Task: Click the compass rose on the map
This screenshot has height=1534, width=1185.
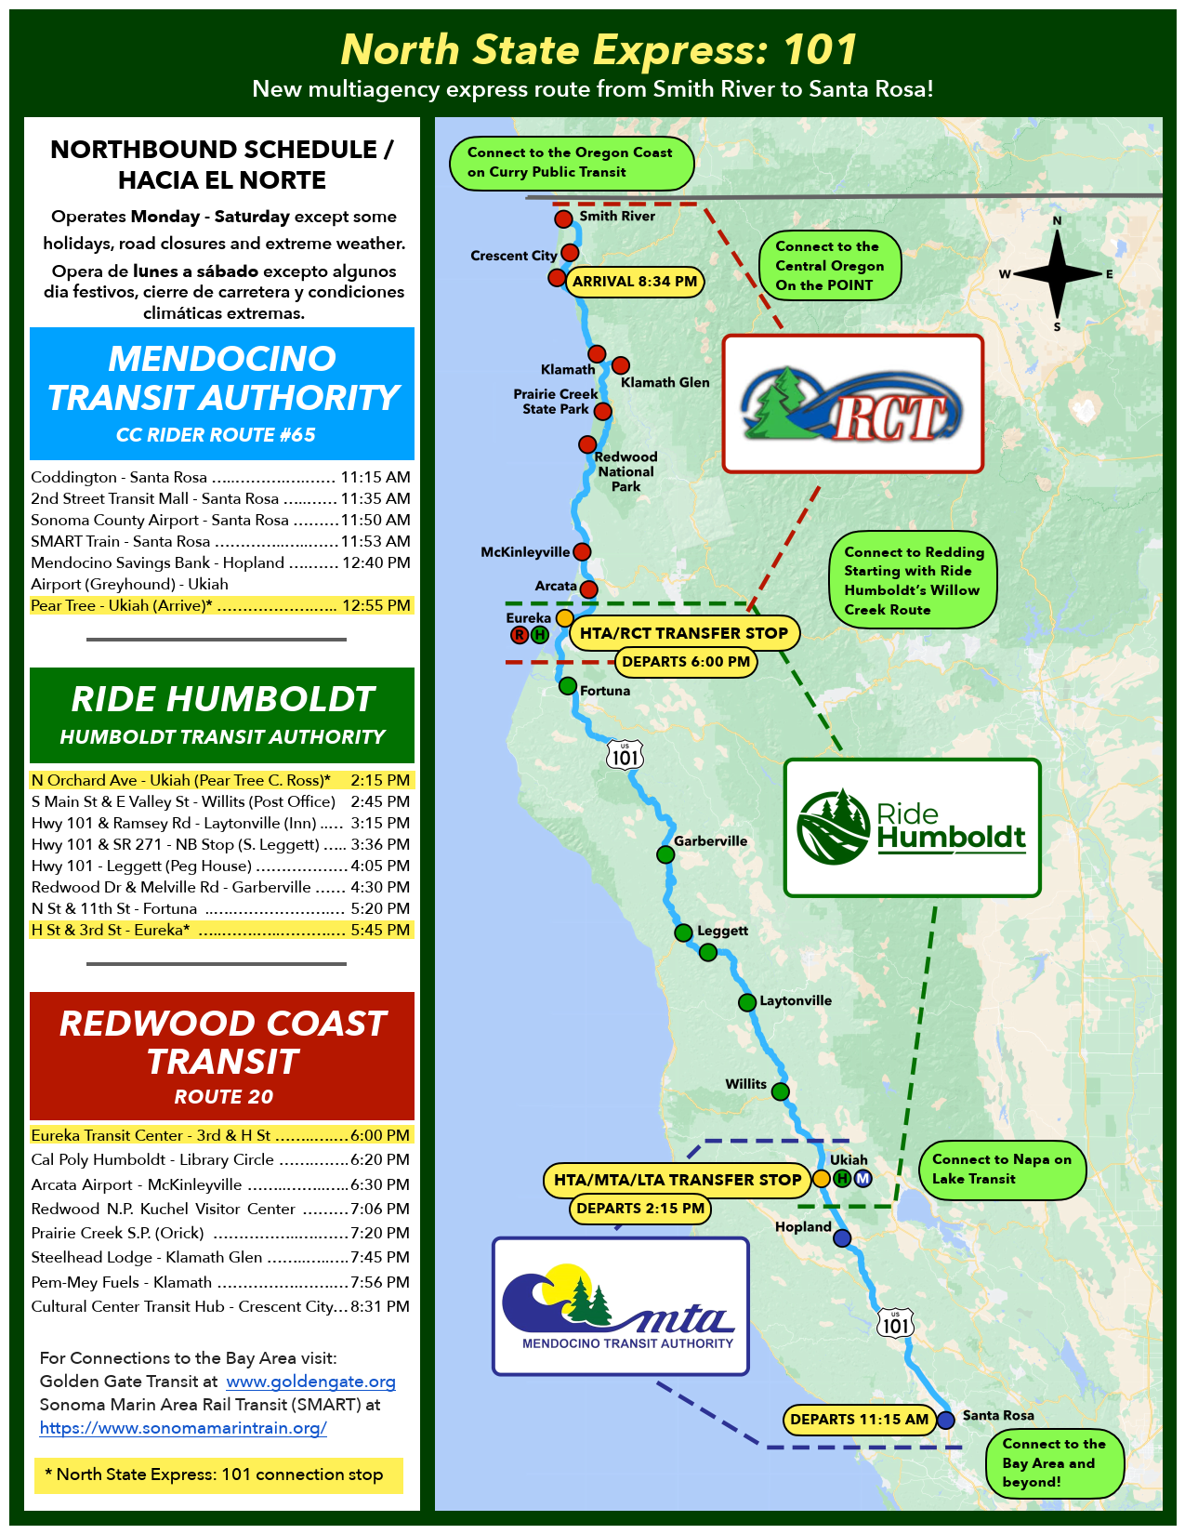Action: (x=1057, y=273)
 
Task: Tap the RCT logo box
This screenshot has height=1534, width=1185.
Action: (x=852, y=403)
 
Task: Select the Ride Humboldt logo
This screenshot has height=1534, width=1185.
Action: (x=912, y=827)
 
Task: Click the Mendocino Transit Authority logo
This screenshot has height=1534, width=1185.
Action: (x=620, y=1306)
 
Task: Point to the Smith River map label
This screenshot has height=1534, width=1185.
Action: (x=617, y=216)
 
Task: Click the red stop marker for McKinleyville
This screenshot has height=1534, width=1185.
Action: (x=582, y=551)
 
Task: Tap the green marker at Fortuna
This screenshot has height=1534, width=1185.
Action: (x=568, y=686)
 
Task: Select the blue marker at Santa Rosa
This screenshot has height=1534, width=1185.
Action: (x=946, y=1419)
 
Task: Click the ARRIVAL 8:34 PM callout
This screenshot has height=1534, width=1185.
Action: (x=635, y=282)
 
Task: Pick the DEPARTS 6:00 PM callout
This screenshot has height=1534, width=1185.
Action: (x=686, y=662)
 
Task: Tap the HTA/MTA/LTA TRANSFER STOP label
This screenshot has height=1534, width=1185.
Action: (x=678, y=1180)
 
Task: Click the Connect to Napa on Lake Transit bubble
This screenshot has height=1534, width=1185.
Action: (x=1002, y=1169)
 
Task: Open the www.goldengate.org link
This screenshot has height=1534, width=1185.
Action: (x=310, y=1382)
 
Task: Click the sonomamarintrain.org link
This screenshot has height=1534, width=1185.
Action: (x=183, y=1427)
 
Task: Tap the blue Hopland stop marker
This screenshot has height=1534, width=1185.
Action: (x=842, y=1237)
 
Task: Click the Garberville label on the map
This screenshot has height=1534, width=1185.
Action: (x=710, y=840)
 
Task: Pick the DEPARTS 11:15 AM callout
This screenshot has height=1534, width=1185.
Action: (x=859, y=1420)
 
